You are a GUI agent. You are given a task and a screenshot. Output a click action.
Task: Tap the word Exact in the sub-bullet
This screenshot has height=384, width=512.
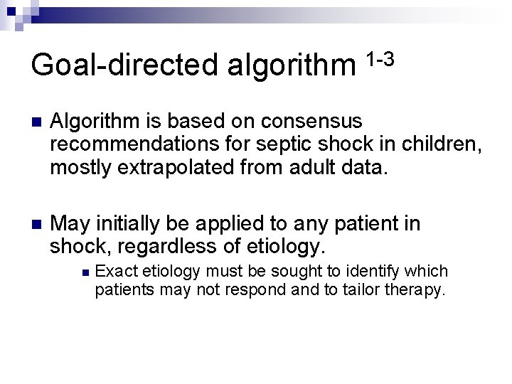116,271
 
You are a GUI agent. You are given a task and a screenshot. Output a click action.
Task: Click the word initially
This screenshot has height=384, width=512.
132,225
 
